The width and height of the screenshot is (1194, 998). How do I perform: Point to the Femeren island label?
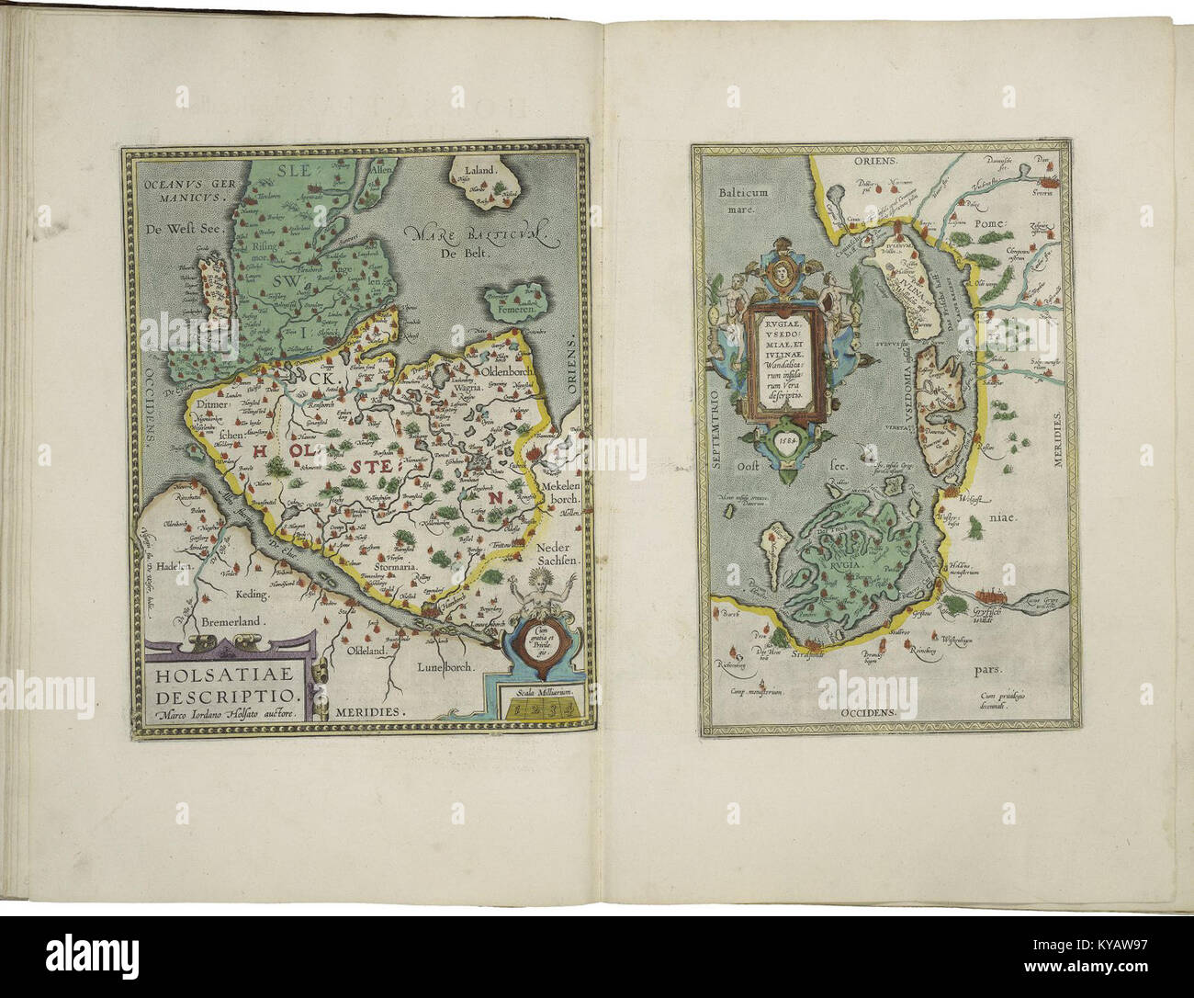coord(512,311)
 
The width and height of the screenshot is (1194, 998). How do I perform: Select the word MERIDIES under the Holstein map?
coord(373,711)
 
